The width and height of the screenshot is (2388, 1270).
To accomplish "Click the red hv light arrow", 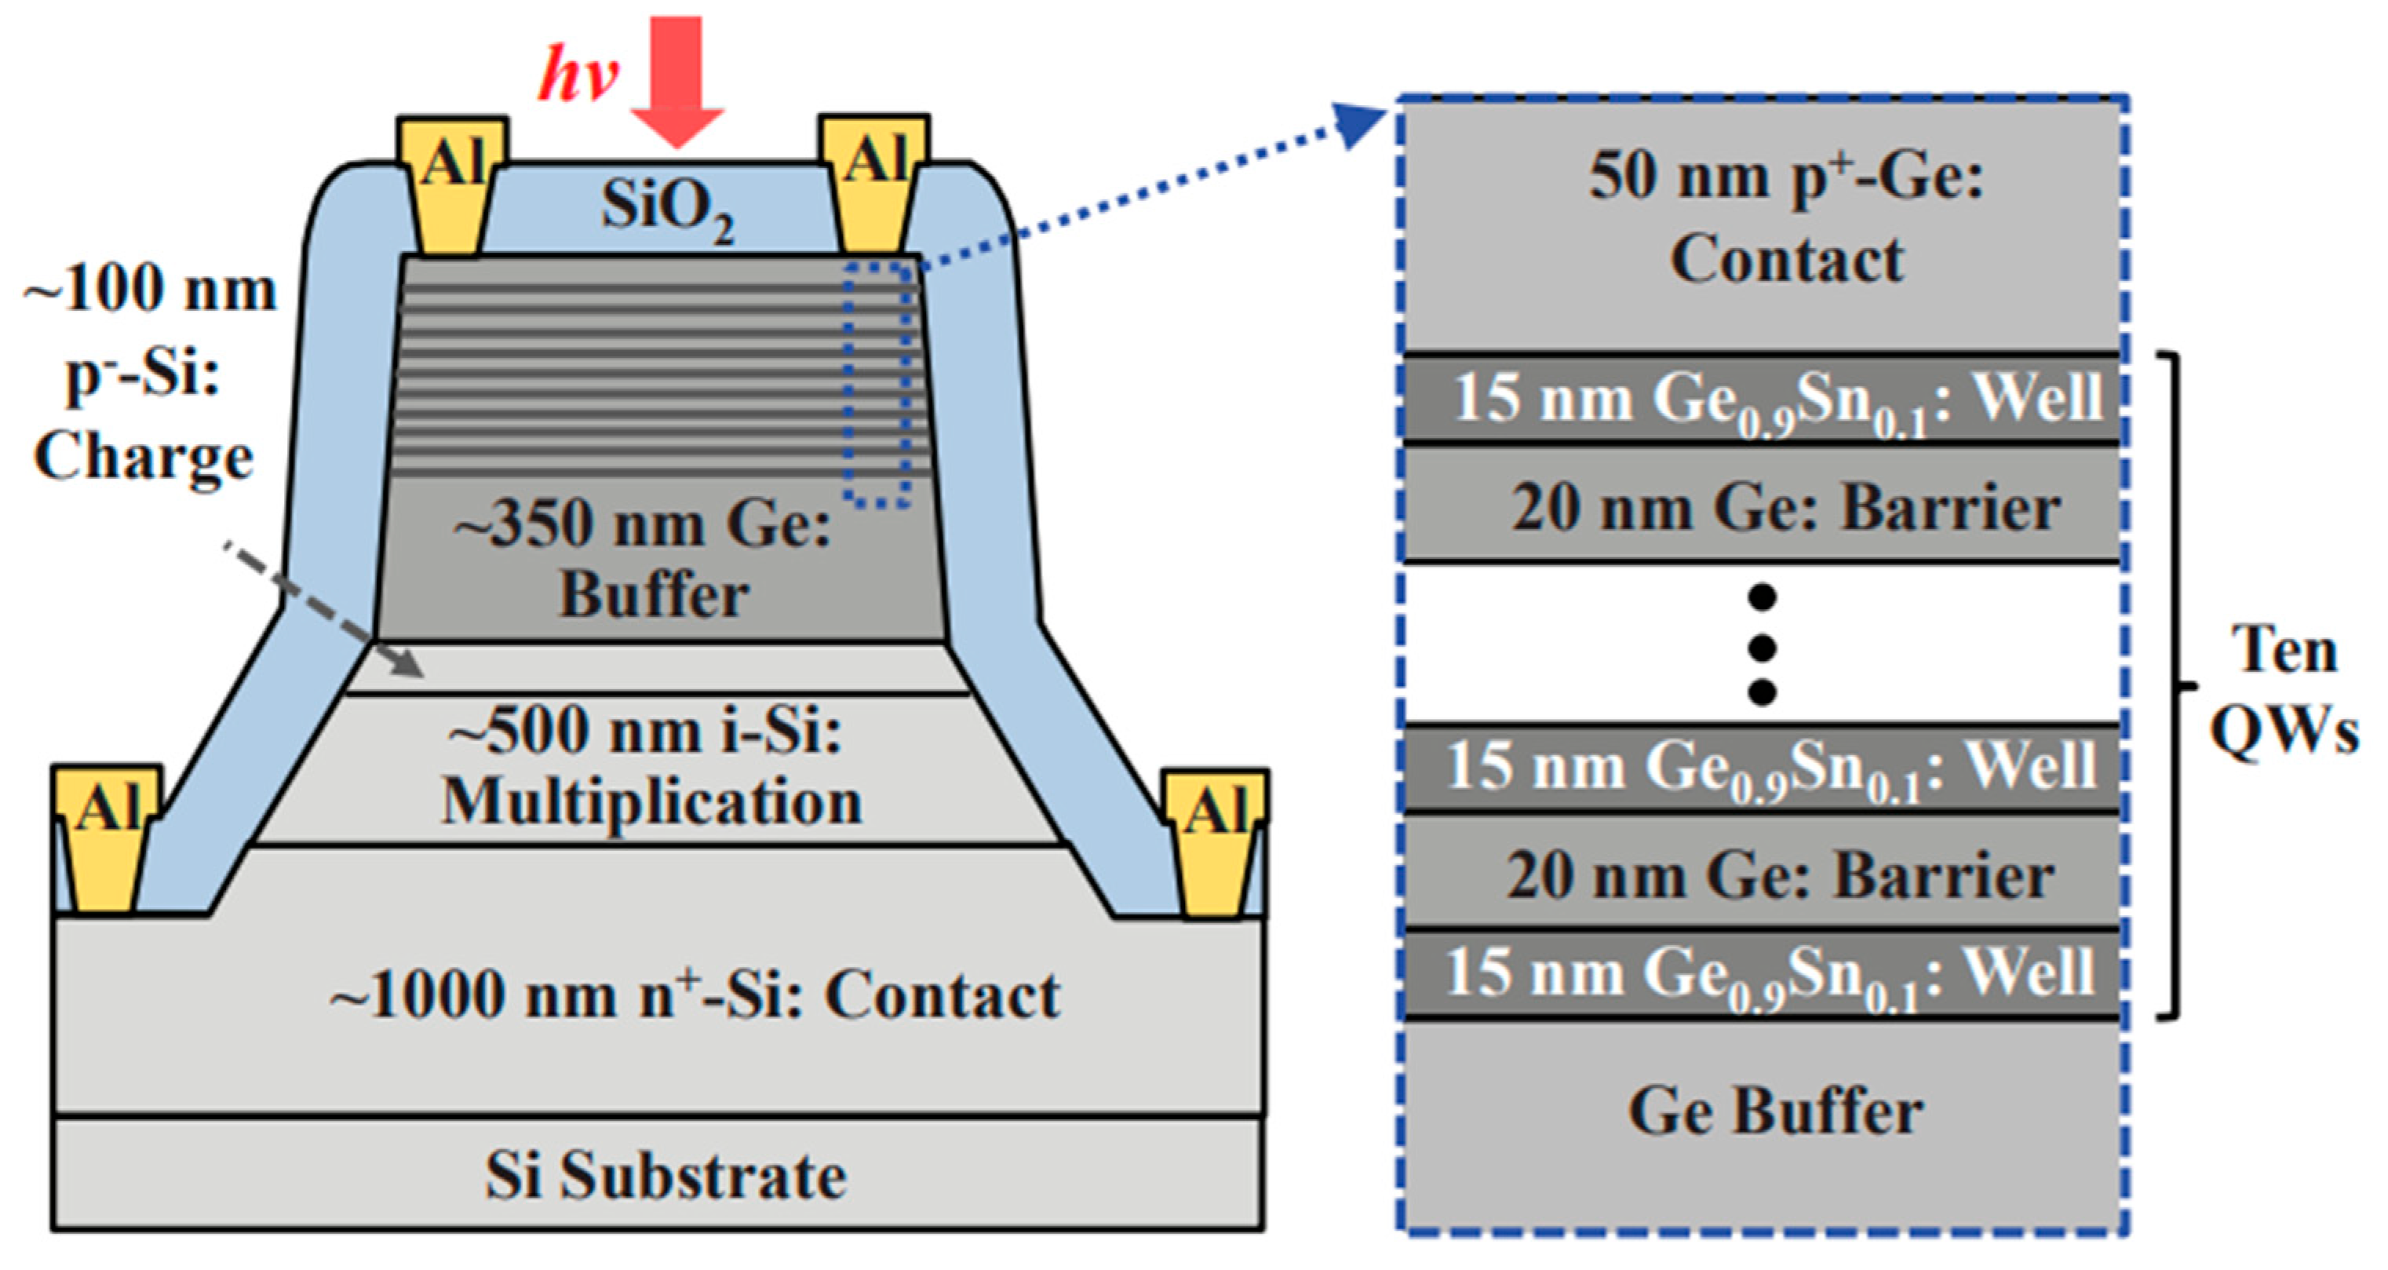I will (x=676, y=83).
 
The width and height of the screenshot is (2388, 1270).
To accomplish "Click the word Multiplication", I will (x=651, y=803).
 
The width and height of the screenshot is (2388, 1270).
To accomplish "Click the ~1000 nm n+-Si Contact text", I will (x=695, y=997).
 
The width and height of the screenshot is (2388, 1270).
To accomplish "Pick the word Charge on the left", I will (x=144, y=458).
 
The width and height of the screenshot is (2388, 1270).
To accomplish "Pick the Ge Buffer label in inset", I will (x=1775, y=1112).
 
